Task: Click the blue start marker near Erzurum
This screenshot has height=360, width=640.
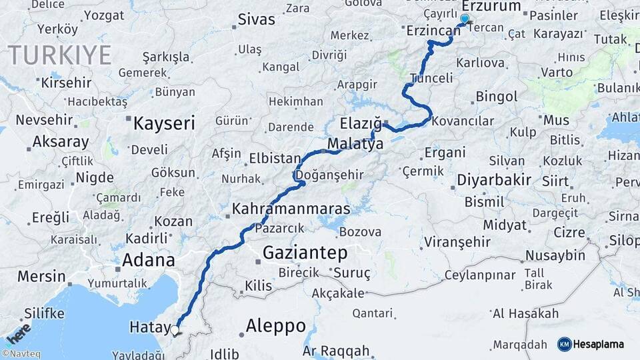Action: point(465,19)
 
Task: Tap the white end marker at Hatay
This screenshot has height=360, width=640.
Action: point(175,329)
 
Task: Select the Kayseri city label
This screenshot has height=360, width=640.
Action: point(164,123)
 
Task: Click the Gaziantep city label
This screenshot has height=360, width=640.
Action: point(305,253)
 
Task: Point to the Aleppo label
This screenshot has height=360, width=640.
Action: point(275,326)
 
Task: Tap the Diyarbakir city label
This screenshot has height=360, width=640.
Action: point(494,179)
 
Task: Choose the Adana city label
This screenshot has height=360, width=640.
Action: point(148,260)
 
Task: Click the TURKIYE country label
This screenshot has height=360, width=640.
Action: point(59,55)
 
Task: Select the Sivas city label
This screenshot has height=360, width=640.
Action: point(256,19)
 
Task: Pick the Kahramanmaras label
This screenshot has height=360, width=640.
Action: point(291,209)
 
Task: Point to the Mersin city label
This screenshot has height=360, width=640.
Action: point(41,276)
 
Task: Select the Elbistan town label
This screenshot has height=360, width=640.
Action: point(275,159)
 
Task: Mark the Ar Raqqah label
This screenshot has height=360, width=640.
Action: point(335,351)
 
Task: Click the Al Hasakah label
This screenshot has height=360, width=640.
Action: point(525,313)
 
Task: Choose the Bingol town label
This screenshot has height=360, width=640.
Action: point(497,97)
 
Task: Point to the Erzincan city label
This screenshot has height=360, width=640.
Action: point(433,31)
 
